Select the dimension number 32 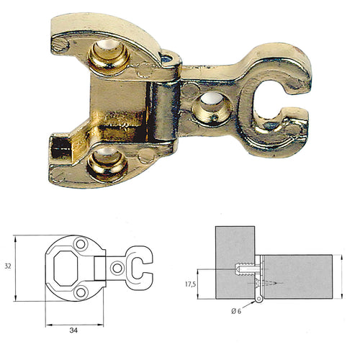[7, 266]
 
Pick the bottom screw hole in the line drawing [81, 291]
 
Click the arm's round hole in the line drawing [118, 267]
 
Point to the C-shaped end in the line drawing [140, 267]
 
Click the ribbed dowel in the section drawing [246, 271]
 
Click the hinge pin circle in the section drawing [258, 298]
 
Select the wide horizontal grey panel [295, 278]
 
